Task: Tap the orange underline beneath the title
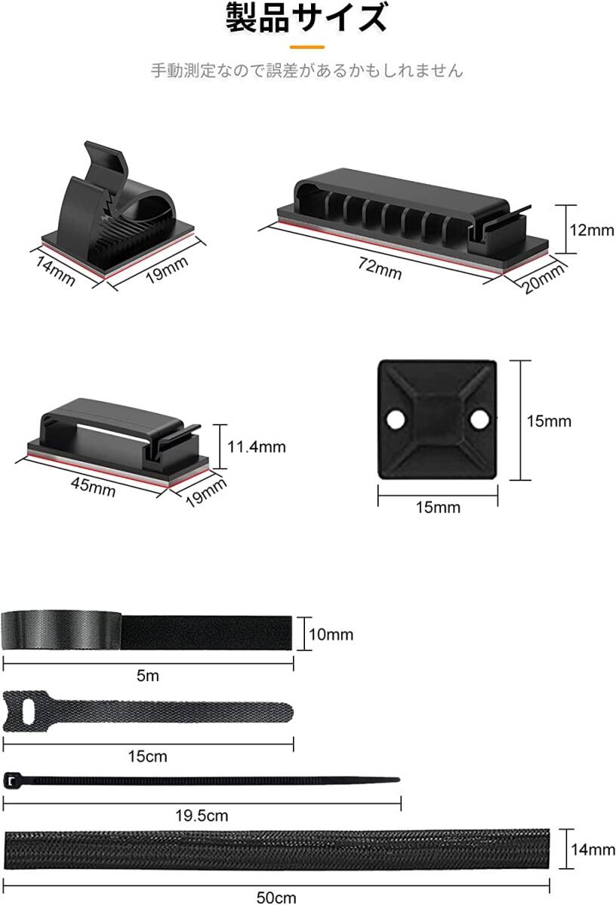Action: (307, 47)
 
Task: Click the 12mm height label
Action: (591, 230)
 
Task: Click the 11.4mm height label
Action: (257, 447)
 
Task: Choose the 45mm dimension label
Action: (93, 486)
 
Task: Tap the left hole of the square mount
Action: (395, 419)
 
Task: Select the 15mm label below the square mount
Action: (438, 507)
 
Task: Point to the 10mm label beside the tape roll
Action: (331, 634)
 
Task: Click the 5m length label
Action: (148, 676)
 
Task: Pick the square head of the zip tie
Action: (10, 781)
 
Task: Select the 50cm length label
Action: (276, 897)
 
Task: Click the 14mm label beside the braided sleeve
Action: (592, 850)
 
